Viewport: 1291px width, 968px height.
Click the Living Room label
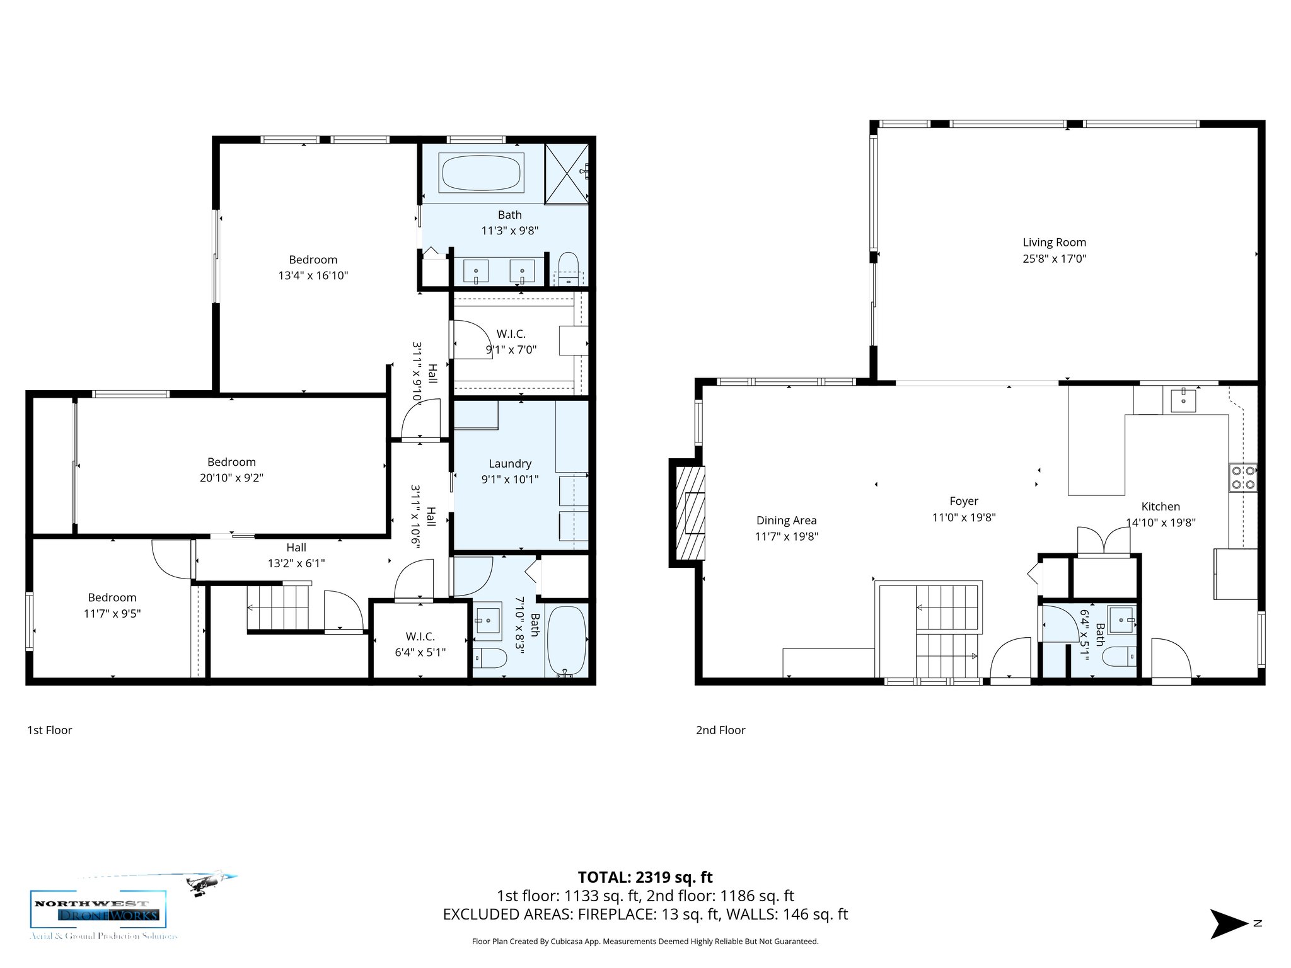[x=1054, y=243]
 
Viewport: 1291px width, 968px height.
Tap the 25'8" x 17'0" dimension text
[x=1054, y=258]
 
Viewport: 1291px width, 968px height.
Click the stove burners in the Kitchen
[x=1243, y=477]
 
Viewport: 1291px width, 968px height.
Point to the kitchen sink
[x=1183, y=400]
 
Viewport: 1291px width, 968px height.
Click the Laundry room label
[x=510, y=464]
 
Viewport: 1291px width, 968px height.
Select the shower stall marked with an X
[x=567, y=174]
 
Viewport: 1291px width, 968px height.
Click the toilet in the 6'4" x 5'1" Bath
[x=1119, y=658]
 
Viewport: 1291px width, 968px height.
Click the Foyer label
[x=964, y=501]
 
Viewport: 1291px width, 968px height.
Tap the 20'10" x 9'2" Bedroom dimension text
[x=231, y=478]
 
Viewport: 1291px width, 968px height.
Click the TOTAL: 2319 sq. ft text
[x=645, y=877]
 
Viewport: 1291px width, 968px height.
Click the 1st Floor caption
[x=49, y=730]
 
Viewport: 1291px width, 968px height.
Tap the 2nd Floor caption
[x=721, y=730]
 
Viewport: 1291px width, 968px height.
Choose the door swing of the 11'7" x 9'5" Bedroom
[x=170, y=558]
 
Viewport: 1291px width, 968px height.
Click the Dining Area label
[x=786, y=521]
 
